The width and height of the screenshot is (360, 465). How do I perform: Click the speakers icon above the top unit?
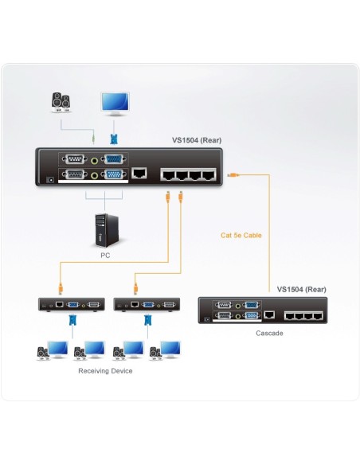(61, 102)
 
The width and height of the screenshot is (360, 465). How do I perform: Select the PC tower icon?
(105, 232)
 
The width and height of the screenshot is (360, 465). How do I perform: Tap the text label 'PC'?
(105, 256)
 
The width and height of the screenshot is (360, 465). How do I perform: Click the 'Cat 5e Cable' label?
(241, 235)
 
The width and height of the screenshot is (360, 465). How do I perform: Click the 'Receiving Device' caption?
(105, 371)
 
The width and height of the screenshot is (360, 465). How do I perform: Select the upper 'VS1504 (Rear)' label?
(197, 141)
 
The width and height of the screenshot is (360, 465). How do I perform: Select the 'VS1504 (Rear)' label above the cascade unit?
(302, 289)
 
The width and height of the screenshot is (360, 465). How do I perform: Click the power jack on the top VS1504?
(52, 180)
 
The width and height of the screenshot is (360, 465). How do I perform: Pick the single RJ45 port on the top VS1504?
(140, 172)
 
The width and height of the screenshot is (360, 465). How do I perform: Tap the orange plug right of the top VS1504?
(231, 173)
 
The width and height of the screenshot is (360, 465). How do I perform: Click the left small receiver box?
(72, 304)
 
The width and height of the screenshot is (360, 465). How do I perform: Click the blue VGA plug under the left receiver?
(72, 320)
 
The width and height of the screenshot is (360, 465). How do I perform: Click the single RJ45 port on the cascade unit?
(272, 315)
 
